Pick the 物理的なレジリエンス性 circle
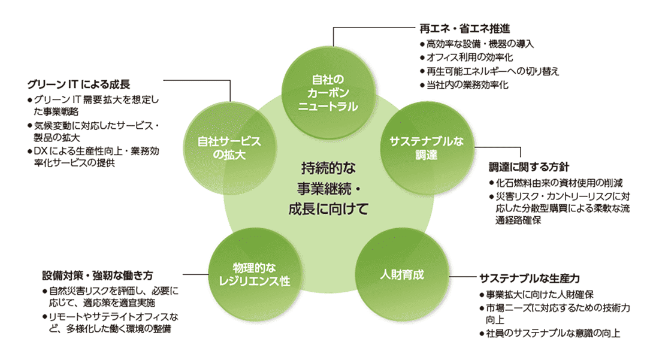click(252, 274)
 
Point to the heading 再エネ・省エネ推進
click(465, 28)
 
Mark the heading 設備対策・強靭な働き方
click(98, 276)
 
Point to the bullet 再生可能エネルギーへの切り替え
click(492, 71)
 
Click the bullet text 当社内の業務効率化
click(467, 85)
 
